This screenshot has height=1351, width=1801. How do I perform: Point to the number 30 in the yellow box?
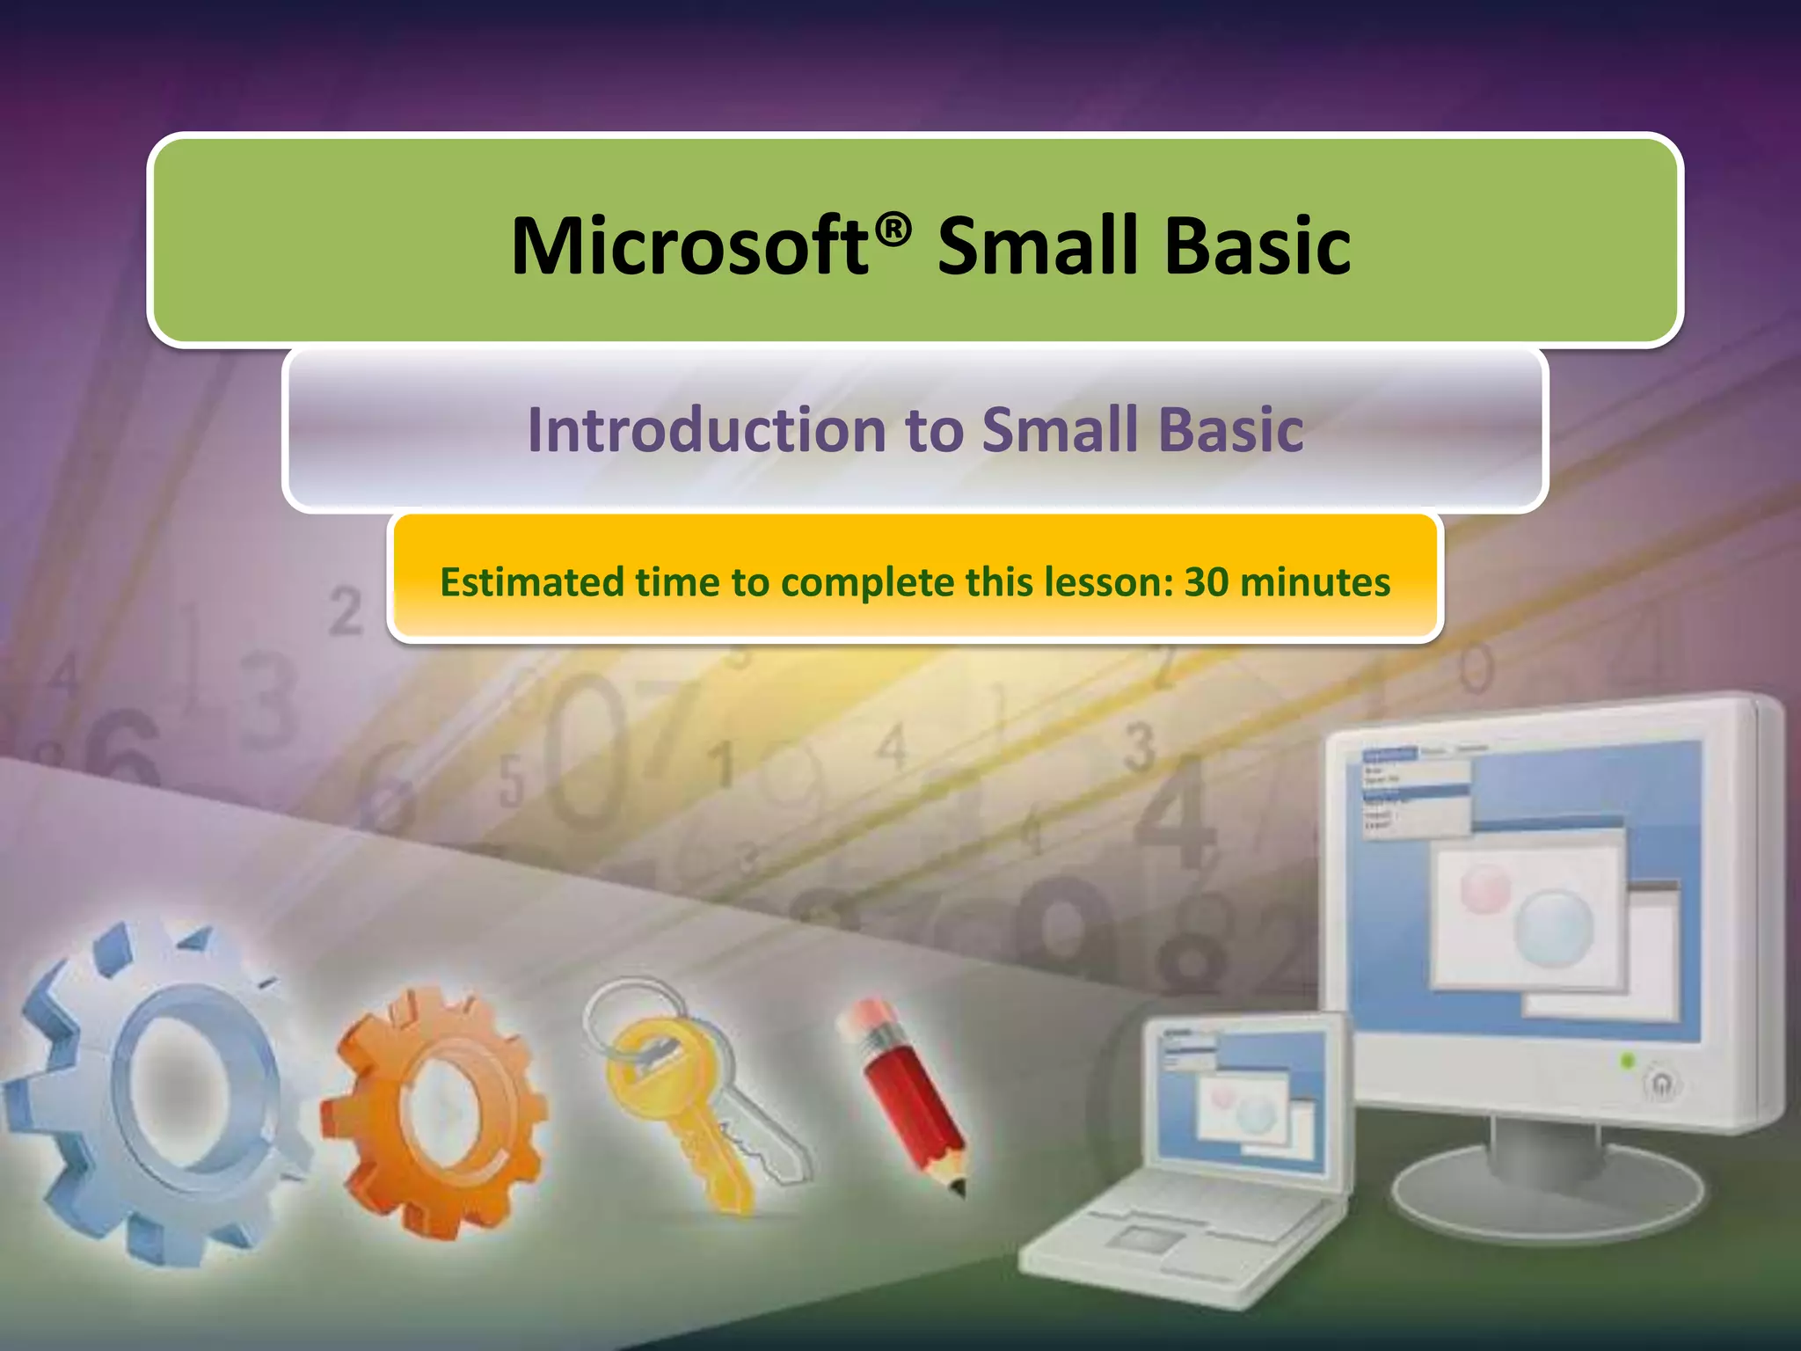coord(1207,582)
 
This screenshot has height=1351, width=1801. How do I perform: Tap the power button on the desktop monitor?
coord(1660,1084)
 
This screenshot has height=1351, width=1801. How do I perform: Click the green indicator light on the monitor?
coord(1626,1062)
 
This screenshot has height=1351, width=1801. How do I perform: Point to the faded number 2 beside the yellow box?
coord(346,612)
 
